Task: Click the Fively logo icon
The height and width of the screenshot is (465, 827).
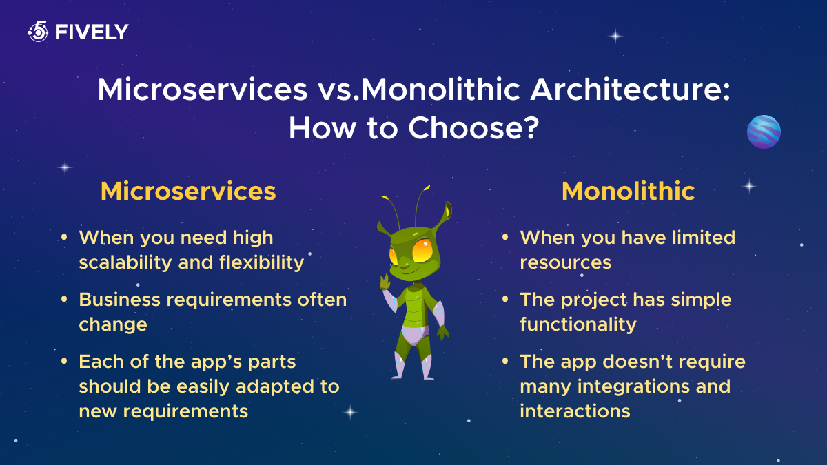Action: tap(38, 32)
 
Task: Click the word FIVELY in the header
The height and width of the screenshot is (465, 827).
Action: tap(92, 32)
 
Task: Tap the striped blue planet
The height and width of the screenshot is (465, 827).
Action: tap(764, 132)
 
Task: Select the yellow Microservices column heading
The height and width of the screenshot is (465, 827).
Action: tap(188, 192)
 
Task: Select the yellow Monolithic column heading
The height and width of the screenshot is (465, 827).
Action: tap(628, 192)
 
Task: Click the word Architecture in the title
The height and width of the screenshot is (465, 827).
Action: tap(630, 90)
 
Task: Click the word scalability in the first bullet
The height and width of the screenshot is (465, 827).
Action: tap(125, 263)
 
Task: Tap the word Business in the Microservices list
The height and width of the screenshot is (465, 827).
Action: tap(120, 299)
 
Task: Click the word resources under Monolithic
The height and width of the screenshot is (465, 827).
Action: tap(565, 262)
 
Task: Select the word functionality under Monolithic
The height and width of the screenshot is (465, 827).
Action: tap(578, 324)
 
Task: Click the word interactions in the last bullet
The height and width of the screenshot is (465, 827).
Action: tap(575, 411)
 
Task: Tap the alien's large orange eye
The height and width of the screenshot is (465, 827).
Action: tap(422, 251)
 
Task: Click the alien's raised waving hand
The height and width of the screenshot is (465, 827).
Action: tap(385, 281)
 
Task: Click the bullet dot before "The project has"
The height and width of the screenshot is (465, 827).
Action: tap(505, 299)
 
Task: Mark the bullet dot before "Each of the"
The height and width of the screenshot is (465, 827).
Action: tap(64, 361)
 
